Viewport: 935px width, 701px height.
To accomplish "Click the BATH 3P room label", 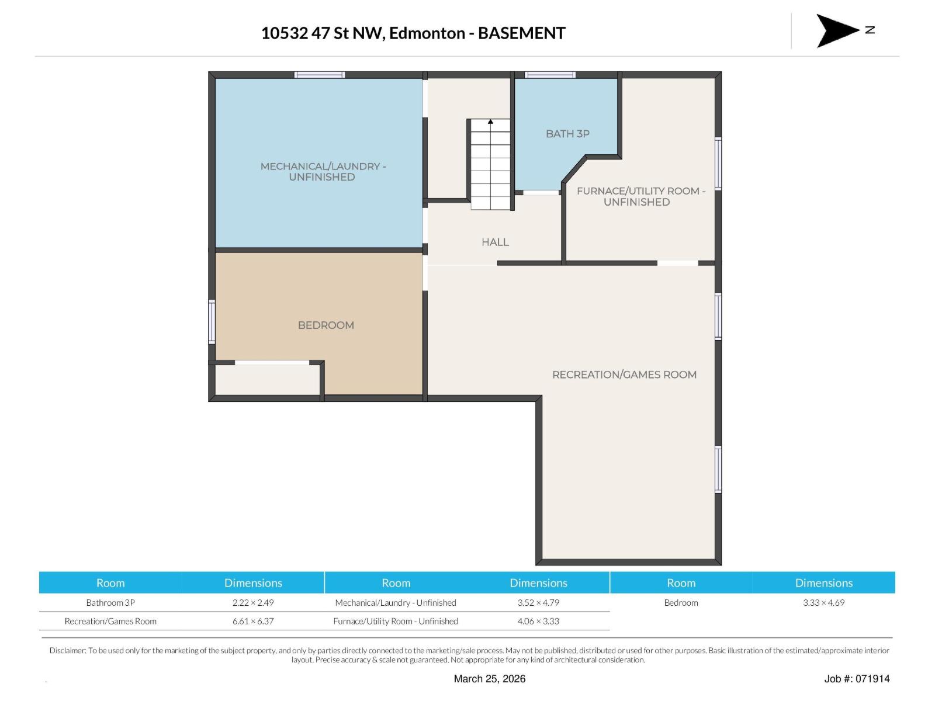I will coord(567,134).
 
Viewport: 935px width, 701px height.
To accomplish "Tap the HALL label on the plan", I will coord(495,242).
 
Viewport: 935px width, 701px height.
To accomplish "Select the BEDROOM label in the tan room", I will coord(325,325).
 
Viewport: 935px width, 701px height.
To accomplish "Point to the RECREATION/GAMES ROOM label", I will coord(624,374).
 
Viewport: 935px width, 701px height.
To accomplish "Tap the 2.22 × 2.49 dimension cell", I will coord(253,602).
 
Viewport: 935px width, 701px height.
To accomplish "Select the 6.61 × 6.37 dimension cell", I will coord(253,621).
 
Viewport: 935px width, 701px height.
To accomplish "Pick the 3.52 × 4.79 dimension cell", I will coord(538,602).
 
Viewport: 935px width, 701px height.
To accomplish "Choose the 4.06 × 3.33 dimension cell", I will coord(538,621).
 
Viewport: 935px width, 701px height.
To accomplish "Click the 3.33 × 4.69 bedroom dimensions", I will coord(823,602).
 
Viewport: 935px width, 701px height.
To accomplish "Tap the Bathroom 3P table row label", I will coord(110,602).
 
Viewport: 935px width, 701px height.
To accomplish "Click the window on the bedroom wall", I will coord(212,321).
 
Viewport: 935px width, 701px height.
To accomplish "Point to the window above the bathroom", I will coord(550,75).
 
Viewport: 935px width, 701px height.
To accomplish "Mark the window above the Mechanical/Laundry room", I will coord(319,75).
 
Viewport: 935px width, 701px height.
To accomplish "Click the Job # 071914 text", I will coord(857,678).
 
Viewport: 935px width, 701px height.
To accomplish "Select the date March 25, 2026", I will coord(490,678).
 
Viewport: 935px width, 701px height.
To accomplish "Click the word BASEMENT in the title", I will coord(521,33).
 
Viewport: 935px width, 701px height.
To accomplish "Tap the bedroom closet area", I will coord(268,380).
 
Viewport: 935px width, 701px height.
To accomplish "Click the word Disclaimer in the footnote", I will coord(67,650).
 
